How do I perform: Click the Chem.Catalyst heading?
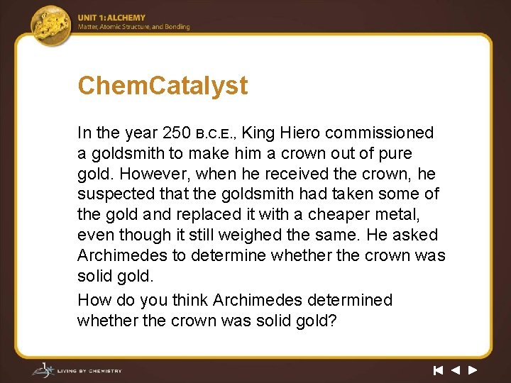163,86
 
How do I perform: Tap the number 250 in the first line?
177,133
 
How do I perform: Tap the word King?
260,133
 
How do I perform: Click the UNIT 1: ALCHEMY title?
111,18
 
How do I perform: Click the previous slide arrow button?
455,370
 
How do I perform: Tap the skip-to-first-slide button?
438,370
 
